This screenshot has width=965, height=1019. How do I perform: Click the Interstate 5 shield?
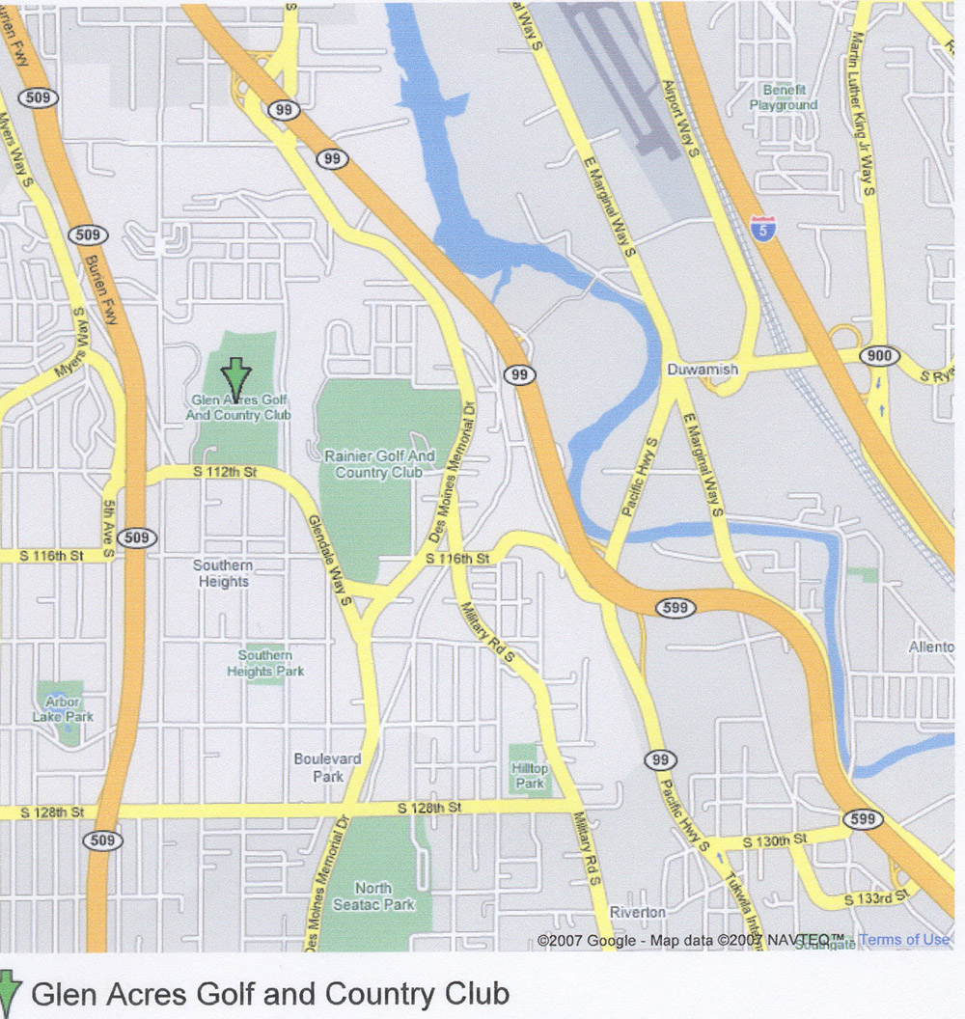pos(762,230)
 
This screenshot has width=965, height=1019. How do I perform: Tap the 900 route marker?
pos(879,357)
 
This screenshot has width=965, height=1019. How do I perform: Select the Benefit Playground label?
pos(784,97)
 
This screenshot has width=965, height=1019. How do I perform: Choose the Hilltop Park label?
pos(530,776)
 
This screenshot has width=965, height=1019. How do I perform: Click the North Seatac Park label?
pos(373,895)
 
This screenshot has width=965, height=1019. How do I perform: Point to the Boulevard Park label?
pos(327,767)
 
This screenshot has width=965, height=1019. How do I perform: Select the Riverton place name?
pos(637,912)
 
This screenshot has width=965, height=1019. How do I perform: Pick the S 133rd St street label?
pos(876,898)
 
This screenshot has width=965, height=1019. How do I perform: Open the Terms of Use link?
pos(903,939)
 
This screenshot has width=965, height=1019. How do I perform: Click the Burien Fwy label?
pos(99,289)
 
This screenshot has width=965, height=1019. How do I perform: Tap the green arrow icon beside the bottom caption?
pos(9,994)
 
